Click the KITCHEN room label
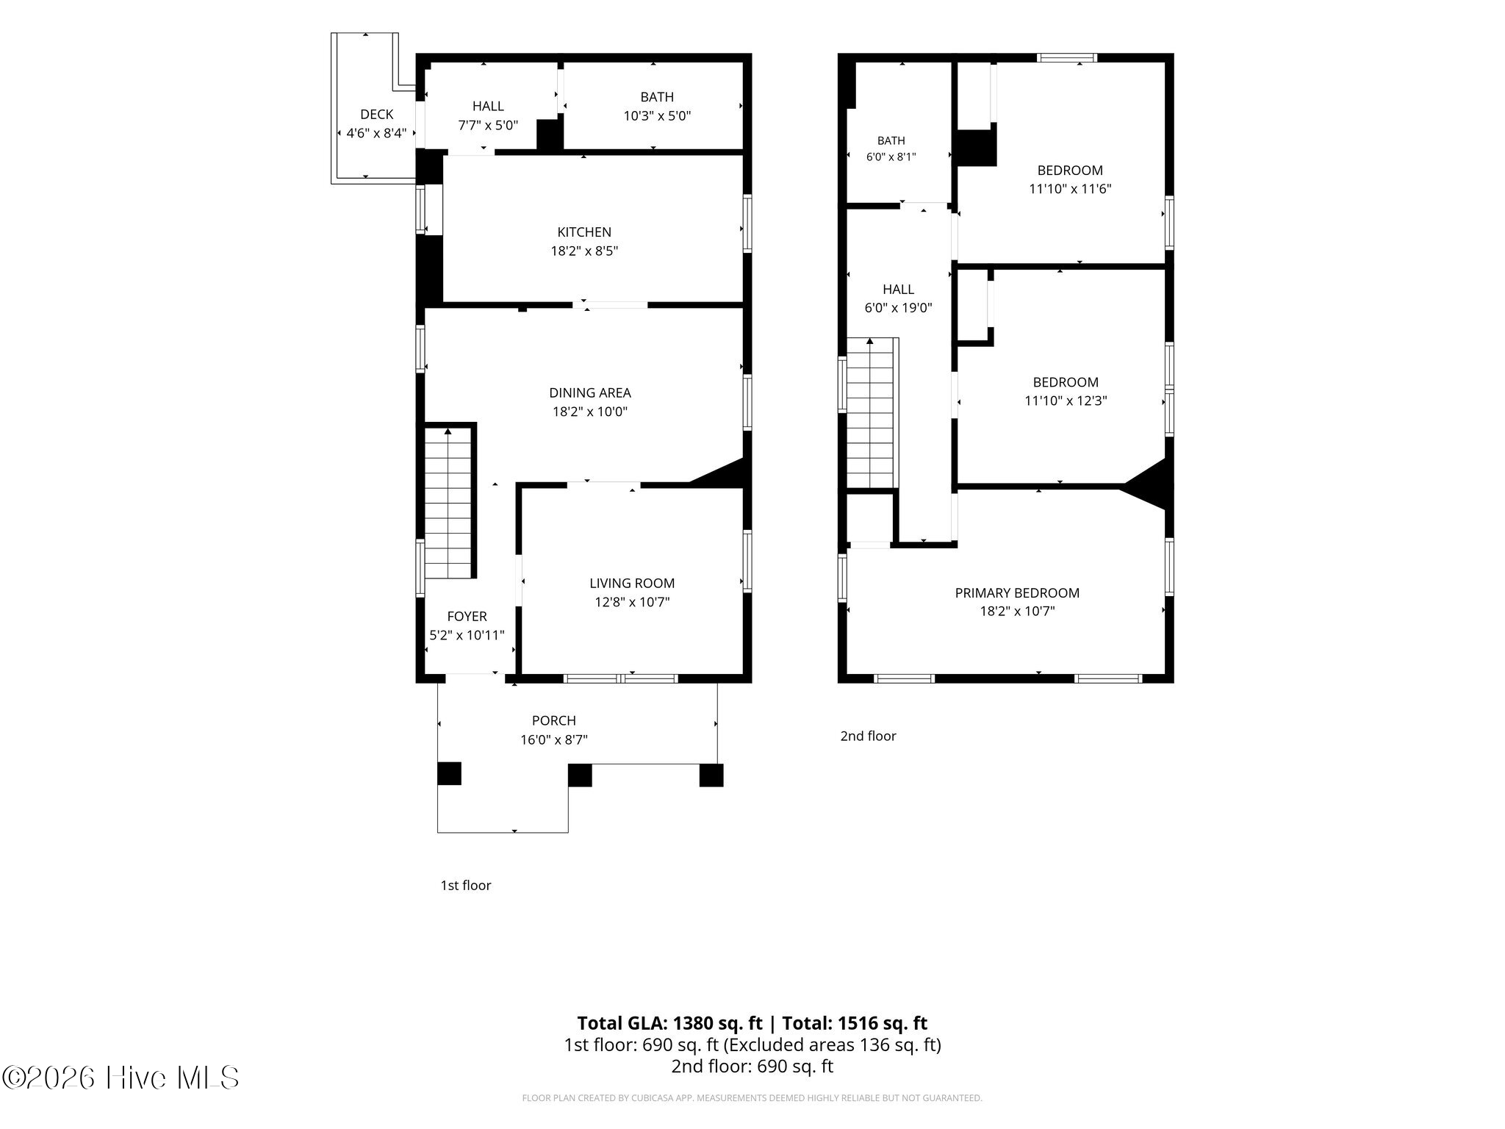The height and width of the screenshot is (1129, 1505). point(583,232)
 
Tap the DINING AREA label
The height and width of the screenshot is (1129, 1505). point(590,393)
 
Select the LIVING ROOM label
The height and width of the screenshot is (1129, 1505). point(632,584)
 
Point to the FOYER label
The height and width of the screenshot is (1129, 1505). point(467,617)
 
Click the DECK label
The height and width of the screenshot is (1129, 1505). point(376,115)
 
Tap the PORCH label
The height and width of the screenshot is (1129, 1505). point(554,721)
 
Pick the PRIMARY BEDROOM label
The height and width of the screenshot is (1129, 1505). point(1017,593)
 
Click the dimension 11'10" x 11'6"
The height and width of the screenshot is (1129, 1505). point(1070,189)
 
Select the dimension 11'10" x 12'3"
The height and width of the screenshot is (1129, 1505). point(1066,401)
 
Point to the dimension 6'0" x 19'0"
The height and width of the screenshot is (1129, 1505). point(898,309)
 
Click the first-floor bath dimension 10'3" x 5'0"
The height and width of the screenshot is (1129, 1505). point(657,116)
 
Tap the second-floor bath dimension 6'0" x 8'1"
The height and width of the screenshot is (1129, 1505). point(891,157)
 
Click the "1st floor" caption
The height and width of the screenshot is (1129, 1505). point(466,886)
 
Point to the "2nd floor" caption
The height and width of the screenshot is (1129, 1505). point(869,736)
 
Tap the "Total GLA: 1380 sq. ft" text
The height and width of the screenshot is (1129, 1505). point(669,1023)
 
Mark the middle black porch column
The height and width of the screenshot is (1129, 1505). point(580,775)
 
